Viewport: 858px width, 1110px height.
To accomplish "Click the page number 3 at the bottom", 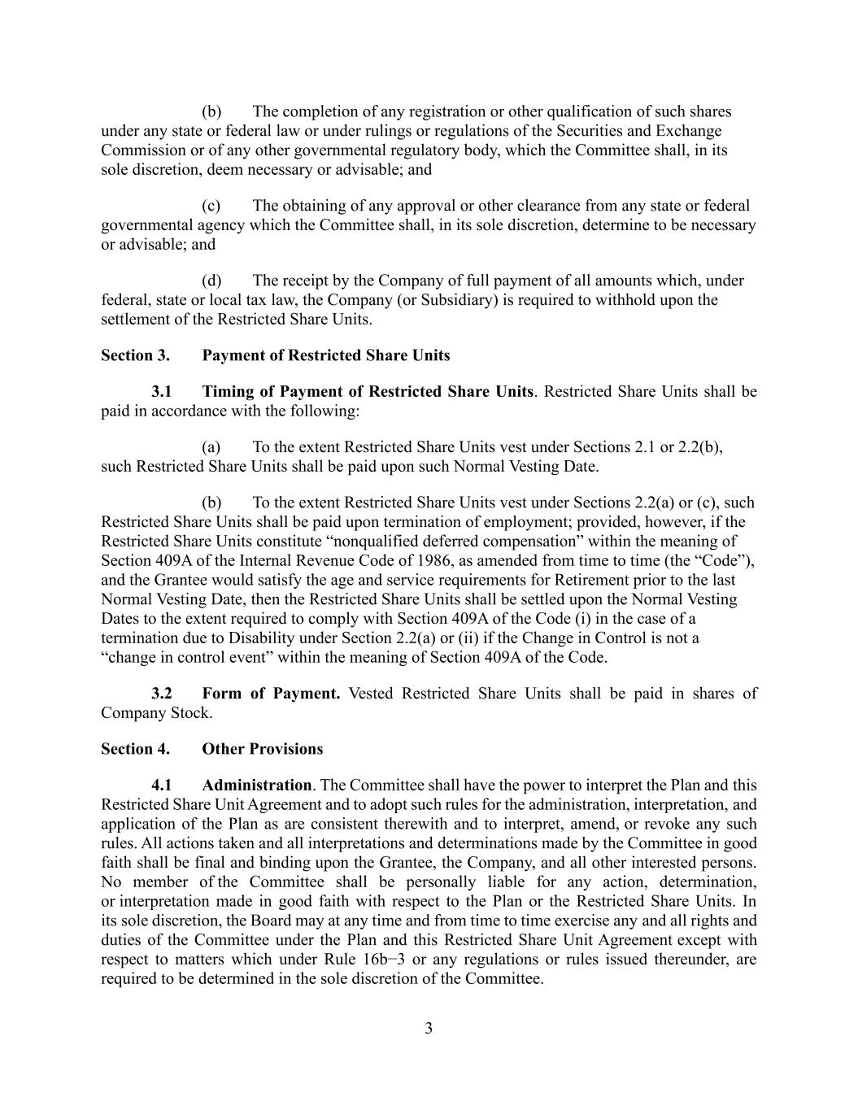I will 429,1029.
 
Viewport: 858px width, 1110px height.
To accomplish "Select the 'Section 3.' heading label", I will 135,355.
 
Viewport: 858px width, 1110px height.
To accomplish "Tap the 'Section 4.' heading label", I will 135,749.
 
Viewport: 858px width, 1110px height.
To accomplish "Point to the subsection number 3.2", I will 161,694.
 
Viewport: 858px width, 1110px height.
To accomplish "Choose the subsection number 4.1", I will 161,786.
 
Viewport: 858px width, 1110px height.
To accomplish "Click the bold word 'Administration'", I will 256,786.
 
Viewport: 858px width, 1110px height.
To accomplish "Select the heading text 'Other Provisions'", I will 262,749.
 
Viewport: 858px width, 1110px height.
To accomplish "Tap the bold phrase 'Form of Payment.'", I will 271,694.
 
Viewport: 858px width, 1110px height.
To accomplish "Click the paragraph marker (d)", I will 211,281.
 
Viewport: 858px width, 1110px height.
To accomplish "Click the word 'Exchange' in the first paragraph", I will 689,131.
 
